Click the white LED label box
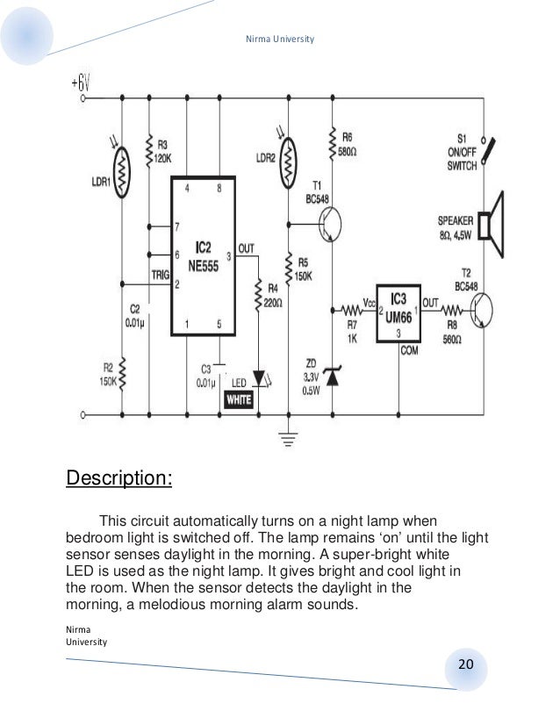coord(240,399)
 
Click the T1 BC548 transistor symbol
coord(327,226)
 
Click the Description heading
coord(120,480)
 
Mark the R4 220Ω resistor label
coord(275,293)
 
